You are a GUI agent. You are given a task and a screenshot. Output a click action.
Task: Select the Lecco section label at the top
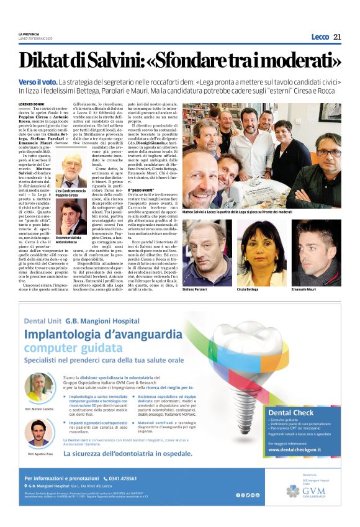(320, 37)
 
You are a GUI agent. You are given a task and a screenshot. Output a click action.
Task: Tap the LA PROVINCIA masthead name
(29, 34)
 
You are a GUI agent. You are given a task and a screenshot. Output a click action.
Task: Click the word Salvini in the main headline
(122, 60)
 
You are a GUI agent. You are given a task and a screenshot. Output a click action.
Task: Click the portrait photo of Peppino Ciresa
(71, 169)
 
